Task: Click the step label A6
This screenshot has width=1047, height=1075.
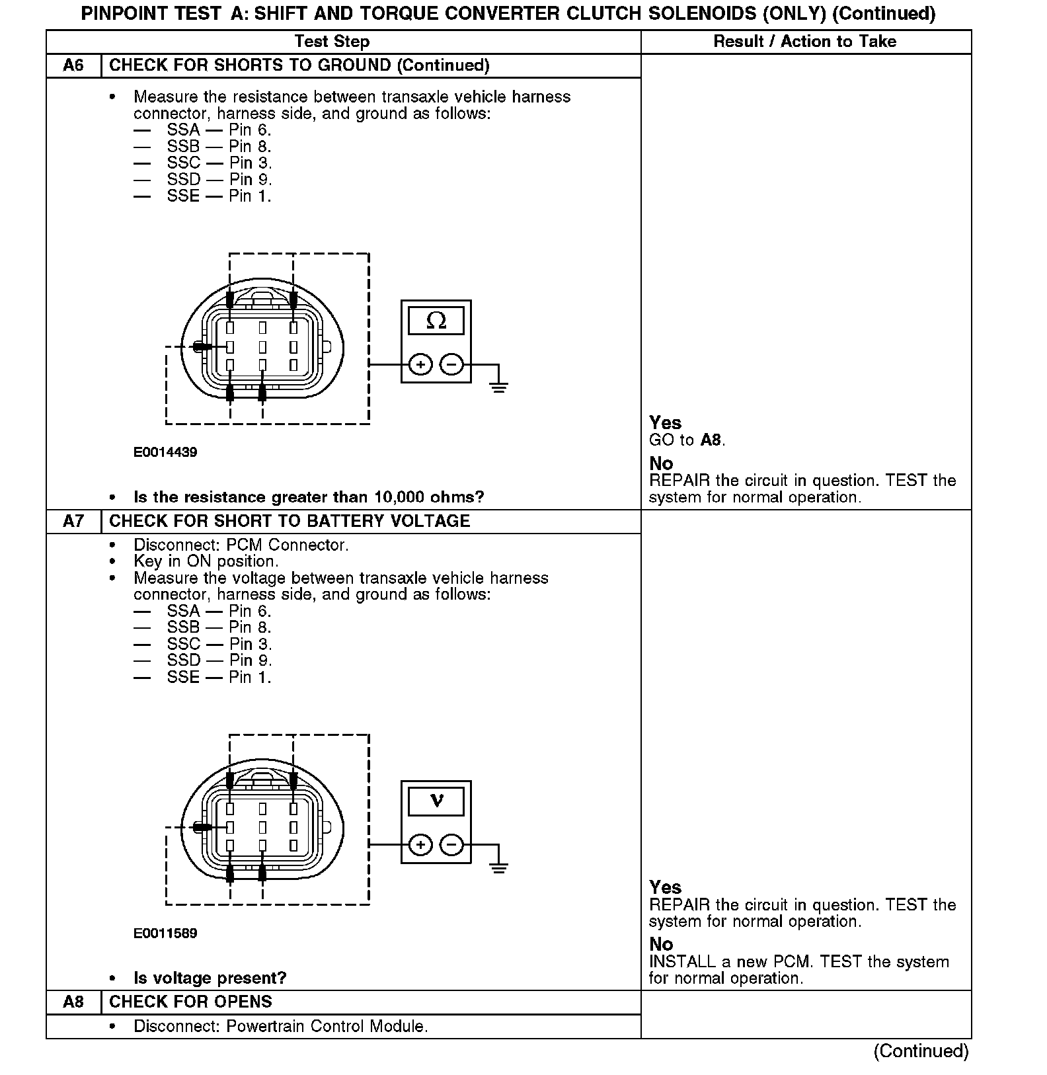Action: coord(73,65)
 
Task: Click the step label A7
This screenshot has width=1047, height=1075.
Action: coord(73,521)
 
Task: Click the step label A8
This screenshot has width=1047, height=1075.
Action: coord(73,1002)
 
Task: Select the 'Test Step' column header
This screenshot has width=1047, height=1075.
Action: coord(332,42)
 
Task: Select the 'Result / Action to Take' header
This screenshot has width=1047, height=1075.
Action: coord(804,42)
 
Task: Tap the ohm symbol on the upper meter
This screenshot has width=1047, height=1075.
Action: coord(436,321)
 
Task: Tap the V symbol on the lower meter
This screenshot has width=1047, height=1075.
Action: coord(436,801)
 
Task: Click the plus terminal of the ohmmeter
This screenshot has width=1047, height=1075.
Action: coord(420,364)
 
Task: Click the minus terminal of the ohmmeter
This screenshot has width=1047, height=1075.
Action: coord(451,364)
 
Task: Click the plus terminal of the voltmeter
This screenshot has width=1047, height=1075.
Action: coord(420,845)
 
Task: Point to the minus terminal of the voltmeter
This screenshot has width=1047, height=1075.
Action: coord(451,845)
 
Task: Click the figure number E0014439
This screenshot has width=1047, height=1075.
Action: coord(165,452)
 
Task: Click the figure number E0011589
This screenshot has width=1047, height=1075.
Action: coord(165,934)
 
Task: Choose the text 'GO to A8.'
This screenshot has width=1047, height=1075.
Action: coord(687,440)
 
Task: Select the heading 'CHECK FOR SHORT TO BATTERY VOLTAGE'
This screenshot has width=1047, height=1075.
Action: coord(290,521)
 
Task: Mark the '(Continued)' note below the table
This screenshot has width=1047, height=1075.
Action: coord(921,1051)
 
